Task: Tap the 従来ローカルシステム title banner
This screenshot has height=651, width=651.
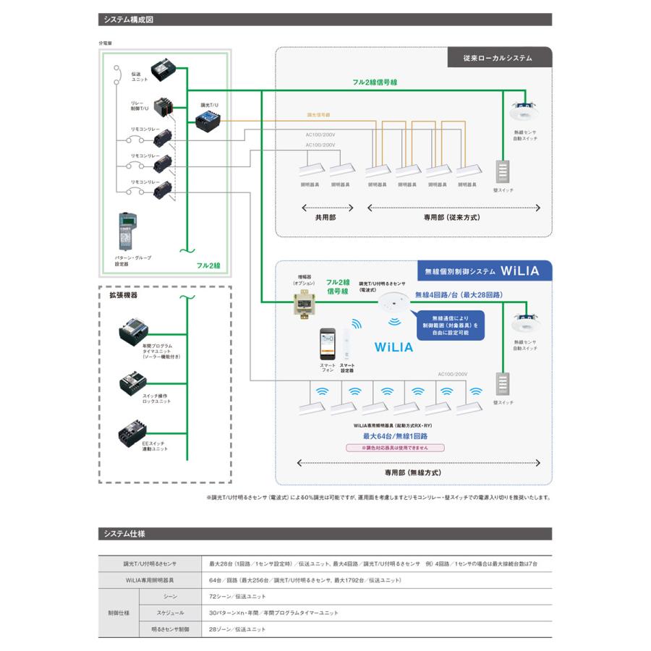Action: [498, 58]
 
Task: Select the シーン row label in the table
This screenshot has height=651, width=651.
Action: [171, 596]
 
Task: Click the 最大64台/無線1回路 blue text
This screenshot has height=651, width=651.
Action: [395, 437]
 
